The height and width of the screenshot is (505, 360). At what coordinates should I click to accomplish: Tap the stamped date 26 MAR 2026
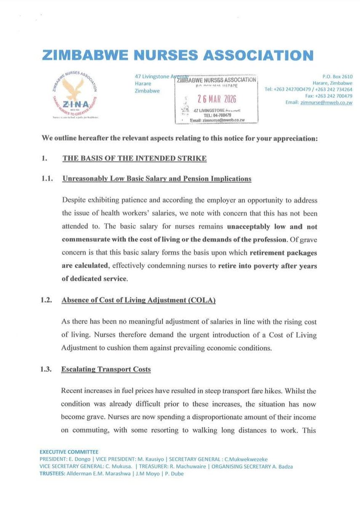pyautogui.click(x=216, y=99)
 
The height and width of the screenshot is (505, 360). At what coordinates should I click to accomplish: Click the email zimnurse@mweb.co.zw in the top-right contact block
pyautogui.click(x=331, y=102)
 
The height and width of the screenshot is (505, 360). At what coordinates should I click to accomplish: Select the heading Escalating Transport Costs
pyautogui.click(x=106, y=369)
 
